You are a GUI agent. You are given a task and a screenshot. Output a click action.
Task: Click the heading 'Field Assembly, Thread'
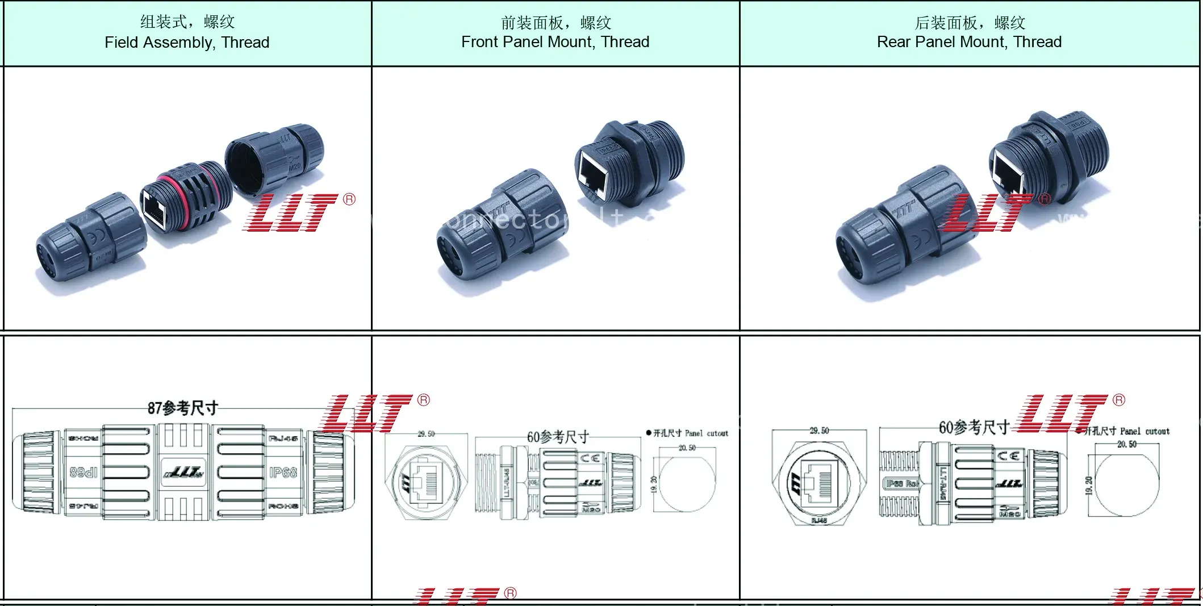pyautogui.click(x=187, y=43)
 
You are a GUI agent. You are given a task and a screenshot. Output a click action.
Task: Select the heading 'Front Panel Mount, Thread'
pyautogui.click(x=555, y=42)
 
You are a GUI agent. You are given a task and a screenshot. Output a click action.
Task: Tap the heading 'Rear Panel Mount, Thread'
pyautogui.click(x=969, y=42)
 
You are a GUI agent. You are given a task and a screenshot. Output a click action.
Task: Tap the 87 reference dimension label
pyautogui.click(x=182, y=408)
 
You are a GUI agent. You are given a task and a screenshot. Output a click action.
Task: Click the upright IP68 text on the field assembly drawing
pyautogui.click(x=283, y=473)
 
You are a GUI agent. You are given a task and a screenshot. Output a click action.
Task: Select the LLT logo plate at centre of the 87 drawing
pyautogui.click(x=183, y=473)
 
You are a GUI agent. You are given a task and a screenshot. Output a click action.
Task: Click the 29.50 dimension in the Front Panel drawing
pyautogui.click(x=426, y=434)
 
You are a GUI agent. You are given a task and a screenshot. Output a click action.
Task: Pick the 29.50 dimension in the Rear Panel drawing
pyautogui.click(x=819, y=431)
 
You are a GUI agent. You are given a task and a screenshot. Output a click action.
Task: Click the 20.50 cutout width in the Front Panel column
pyautogui.click(x=687, y=448)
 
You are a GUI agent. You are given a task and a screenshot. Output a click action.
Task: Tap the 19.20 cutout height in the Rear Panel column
pyautogui.click(x=1089, y=486)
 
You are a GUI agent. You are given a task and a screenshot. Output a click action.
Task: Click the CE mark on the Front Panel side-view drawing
pyautogui.click(x=590, y=458)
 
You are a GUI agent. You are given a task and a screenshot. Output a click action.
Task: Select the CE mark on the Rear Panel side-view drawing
pyautogui.click(x=1009, y=456)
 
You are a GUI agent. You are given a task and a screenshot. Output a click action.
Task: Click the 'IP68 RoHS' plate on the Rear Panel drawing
pyautogui.click(x=902, y=483)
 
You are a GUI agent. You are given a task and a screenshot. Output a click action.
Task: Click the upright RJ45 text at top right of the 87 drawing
pyautogui.click(x=283, y=438)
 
